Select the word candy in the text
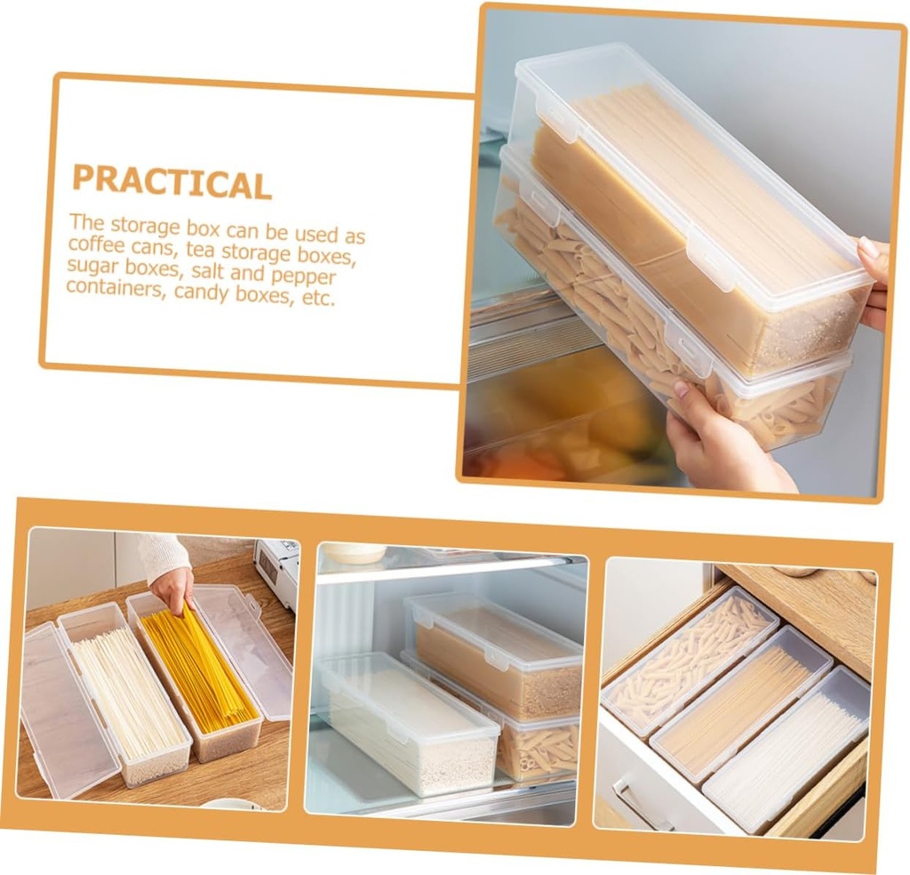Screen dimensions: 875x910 (202, 293)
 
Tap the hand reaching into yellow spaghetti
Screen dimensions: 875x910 (172, 588)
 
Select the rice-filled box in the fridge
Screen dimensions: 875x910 (409, 729)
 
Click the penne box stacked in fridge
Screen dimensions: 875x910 (533, 747)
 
